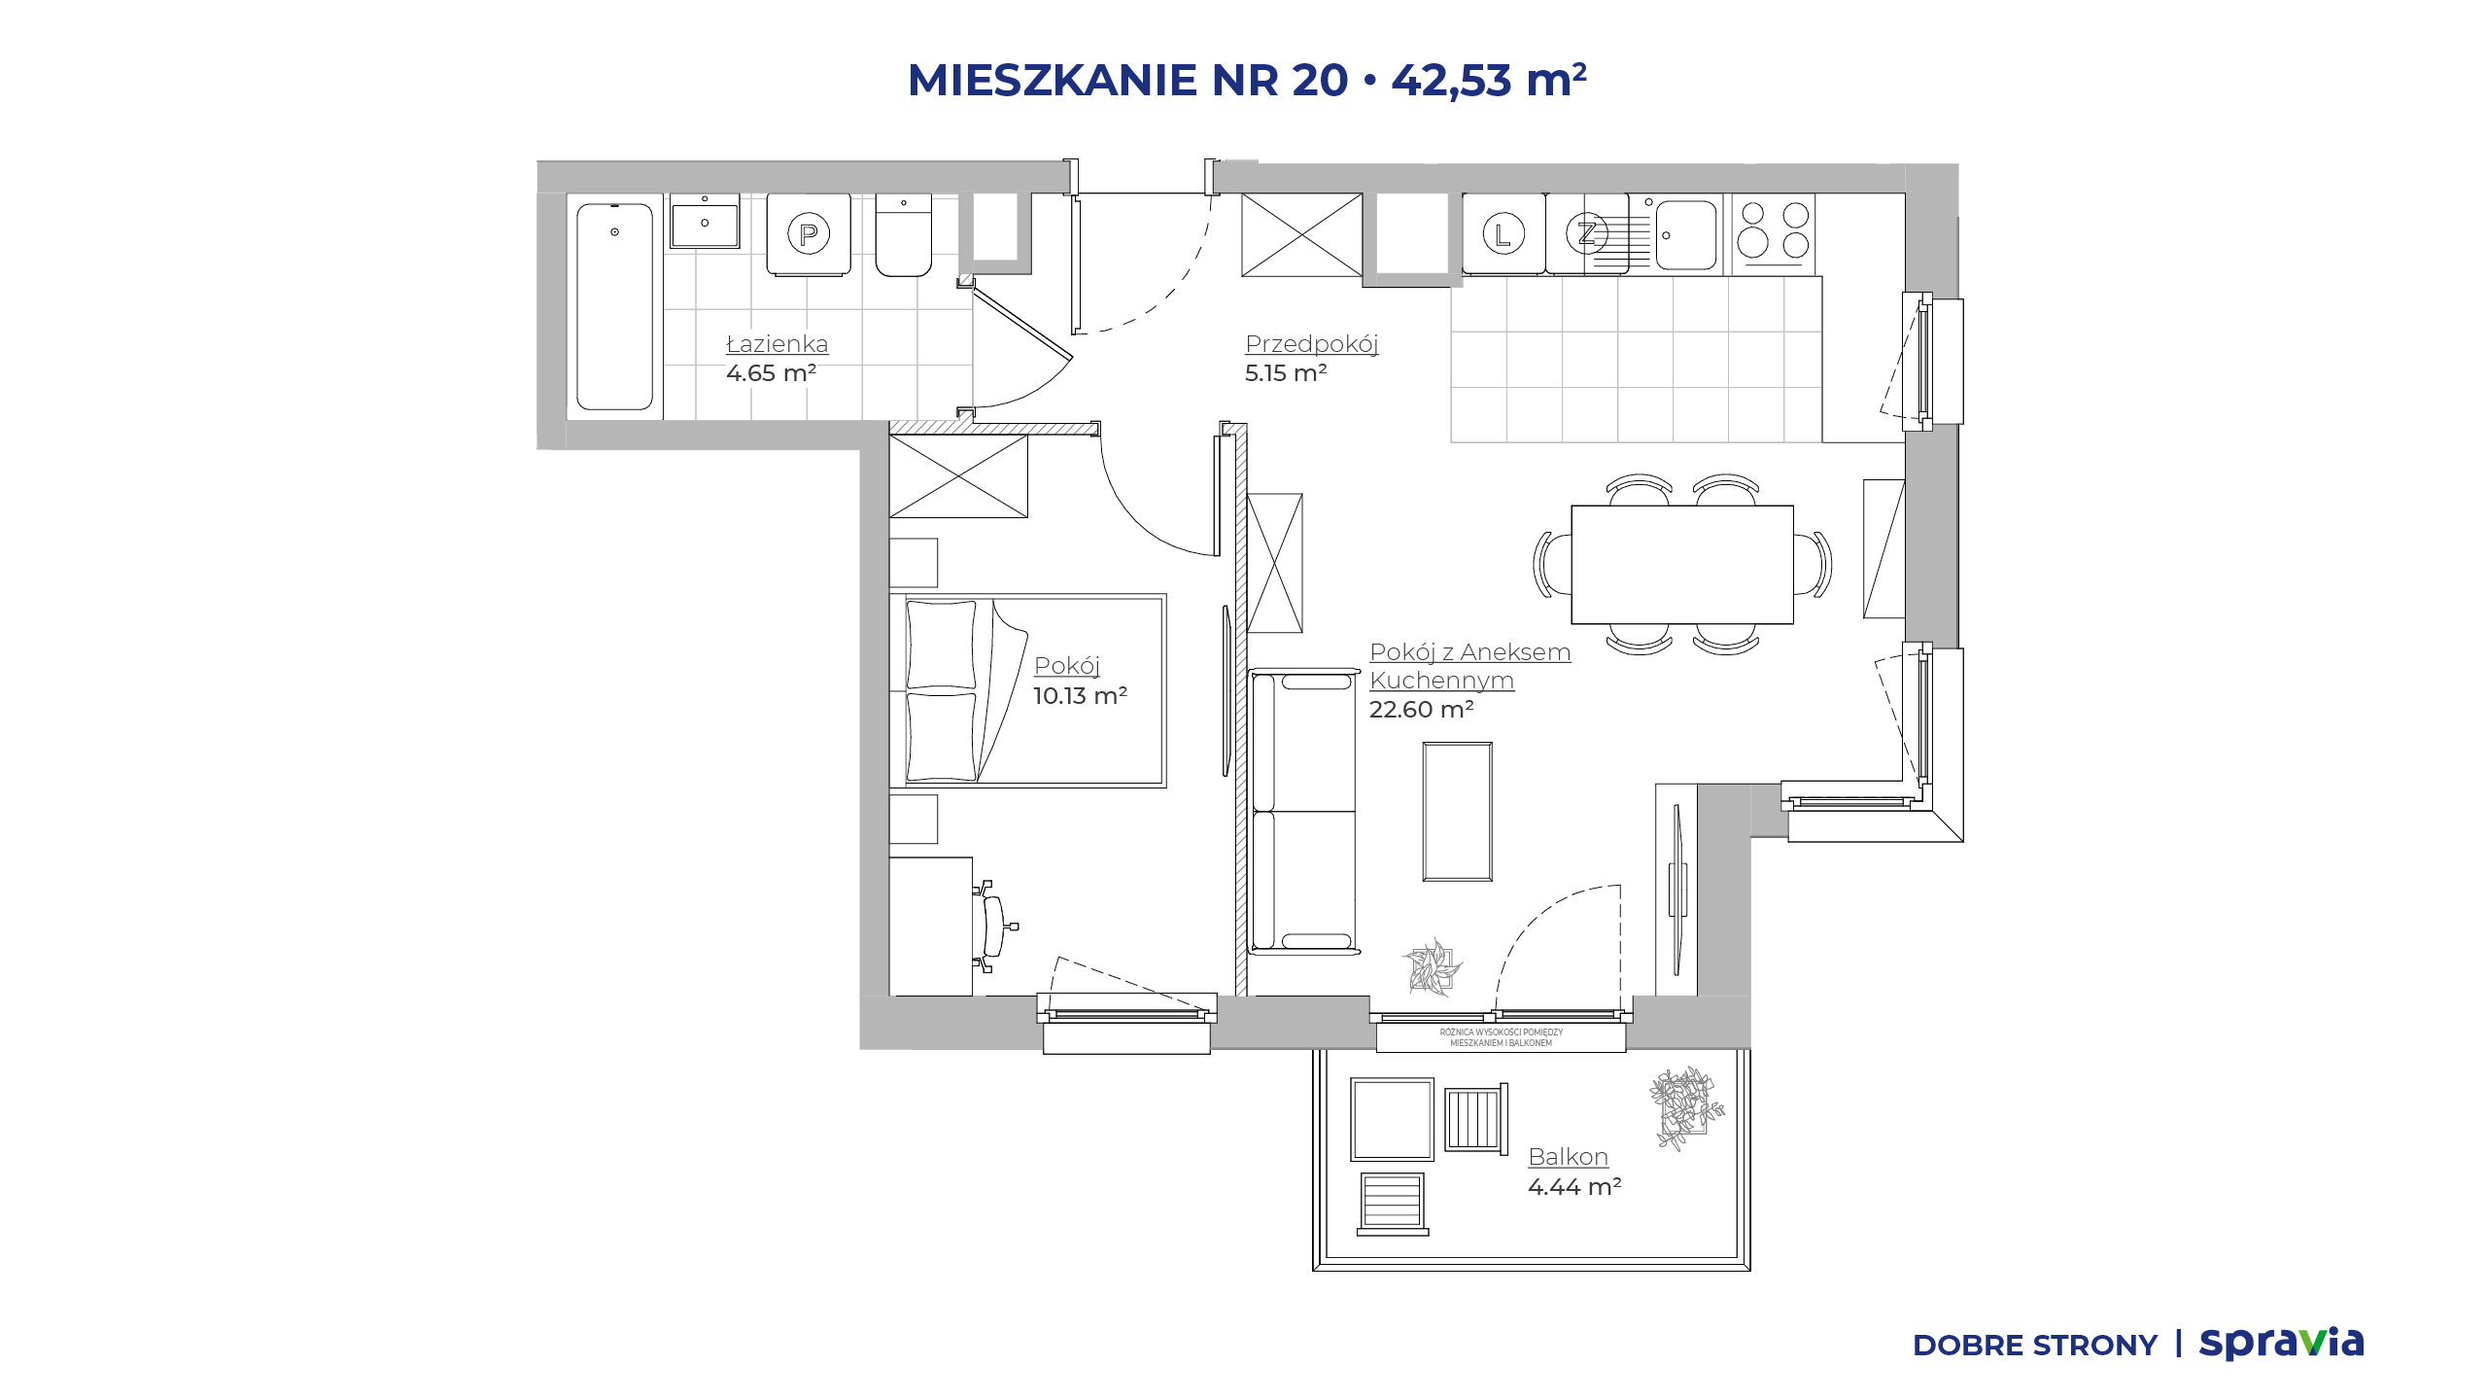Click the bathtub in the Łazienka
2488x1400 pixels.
(x=614, y=306)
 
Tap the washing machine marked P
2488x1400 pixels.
(x=809, y=234)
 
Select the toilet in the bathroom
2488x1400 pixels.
(x=904, y=234)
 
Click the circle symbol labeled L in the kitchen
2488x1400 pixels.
(x=1503, y=233)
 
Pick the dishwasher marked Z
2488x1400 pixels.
(x=1587, y=233)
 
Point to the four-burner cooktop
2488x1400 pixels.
(x=1774, y=233)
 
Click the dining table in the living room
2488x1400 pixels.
(x=1682, y=564)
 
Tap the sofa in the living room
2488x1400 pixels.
(x=1303, y=811)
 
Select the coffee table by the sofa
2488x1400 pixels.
(x=1457, y=812)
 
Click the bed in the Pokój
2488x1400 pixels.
(x=1028, y=690)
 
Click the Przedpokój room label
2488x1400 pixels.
(x=1312, y=344)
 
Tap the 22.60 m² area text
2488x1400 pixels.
(x=1422, y=710)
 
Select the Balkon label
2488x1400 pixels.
(x=1568, y=1157)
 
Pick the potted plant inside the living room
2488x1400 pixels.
(x=1433, y=967)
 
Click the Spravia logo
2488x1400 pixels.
(x=2281, y=1344)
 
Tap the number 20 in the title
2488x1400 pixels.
(x=1320, y=80)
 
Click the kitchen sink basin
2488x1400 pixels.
(x=1686, y=234)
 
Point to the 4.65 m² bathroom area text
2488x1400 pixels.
(x=771, y=373)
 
